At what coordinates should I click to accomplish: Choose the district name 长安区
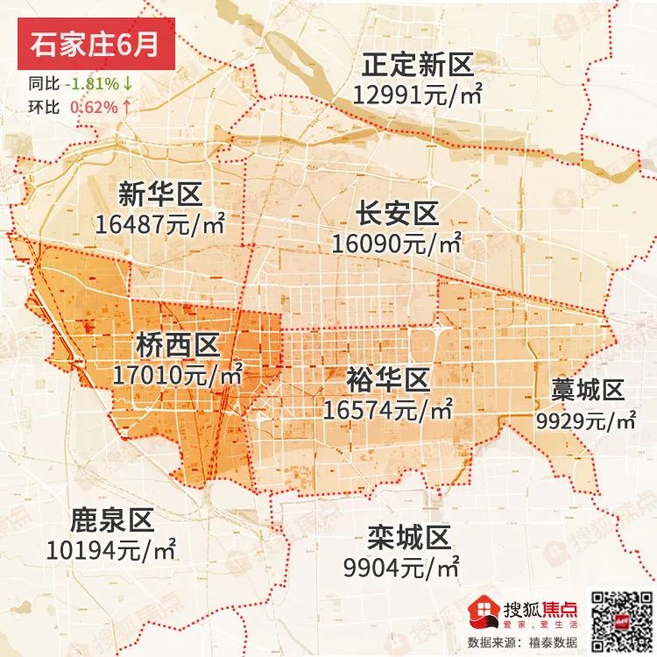point(396,213)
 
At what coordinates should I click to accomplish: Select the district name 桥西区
point(177,345)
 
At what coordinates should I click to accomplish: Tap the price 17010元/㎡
point(178,377)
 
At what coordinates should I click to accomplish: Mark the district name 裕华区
point(387,378)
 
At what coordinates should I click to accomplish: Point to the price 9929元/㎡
point(586,420)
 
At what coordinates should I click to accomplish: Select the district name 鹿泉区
point(111,520)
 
